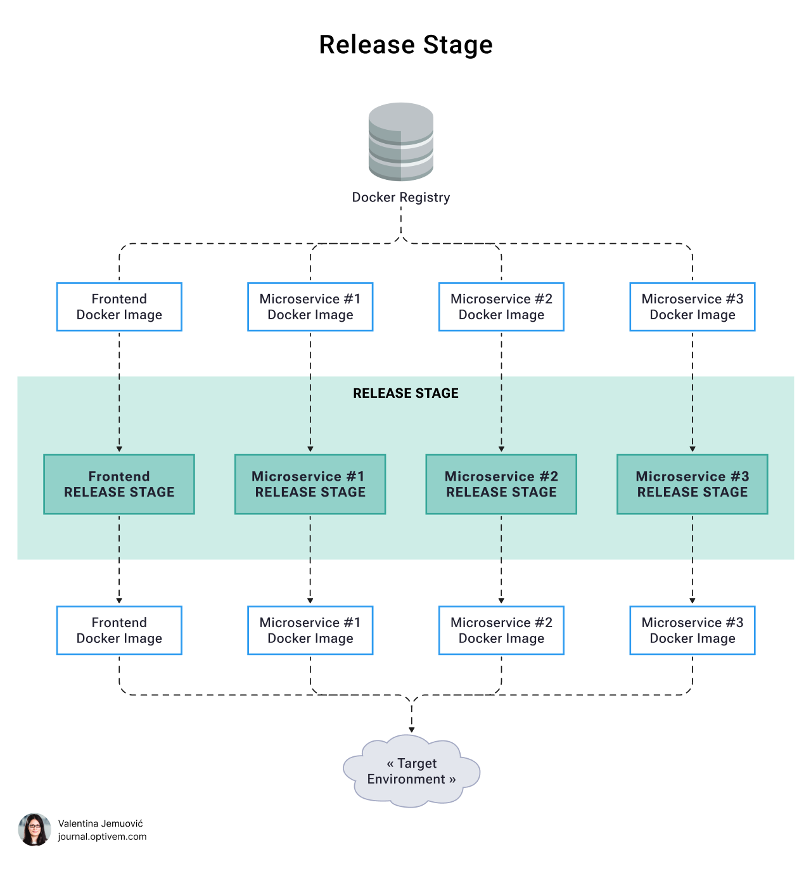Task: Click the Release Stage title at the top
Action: (405, 45)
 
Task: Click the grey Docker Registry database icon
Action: (401, 142)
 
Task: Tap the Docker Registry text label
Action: (401, 198)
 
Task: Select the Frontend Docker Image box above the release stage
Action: (119, 307)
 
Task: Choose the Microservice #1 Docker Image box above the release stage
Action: (310, 307)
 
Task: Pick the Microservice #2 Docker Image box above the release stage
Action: (501, 307)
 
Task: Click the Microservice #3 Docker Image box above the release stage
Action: (693, 307)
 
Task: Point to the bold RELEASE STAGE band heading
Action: (405, 393)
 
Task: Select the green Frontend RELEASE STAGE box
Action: (119, 485)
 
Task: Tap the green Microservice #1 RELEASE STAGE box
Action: (310, 485)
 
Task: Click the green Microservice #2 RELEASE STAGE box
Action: (501, 485)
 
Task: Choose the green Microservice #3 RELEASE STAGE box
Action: (693, 485)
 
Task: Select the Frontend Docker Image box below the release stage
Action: (119, 631)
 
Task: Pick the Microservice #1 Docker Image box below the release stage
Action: (310, 631)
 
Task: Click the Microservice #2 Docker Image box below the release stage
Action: (501, 631)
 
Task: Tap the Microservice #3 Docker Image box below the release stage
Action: (693, 631)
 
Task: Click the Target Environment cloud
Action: (411, 771)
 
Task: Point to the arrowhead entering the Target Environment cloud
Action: (412, 730)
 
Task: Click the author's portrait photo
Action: (34, 830)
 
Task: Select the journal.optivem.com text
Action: (102, 837)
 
